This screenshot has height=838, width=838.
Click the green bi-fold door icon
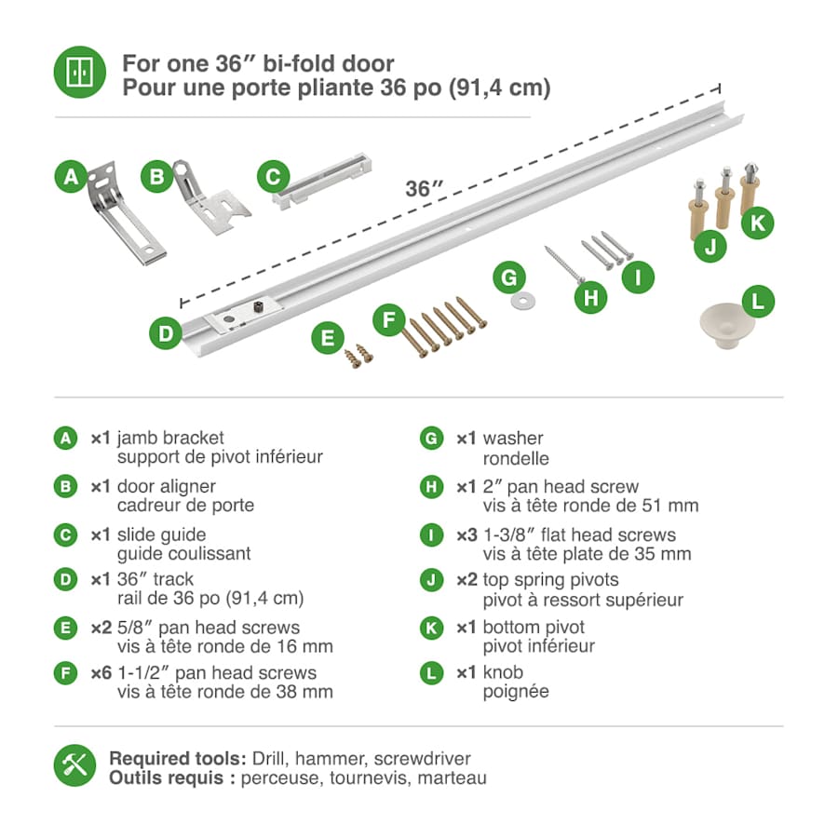point(80,72)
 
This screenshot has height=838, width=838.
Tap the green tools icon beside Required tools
point(74,765)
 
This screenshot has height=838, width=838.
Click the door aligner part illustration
point(211,197)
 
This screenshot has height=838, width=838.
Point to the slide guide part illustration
point(322,181)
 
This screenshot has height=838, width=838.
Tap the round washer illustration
point(523,301)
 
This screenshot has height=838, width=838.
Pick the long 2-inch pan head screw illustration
point(565,264)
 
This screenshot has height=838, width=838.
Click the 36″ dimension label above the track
point(424,188)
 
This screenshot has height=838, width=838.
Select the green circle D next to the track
point(166,333)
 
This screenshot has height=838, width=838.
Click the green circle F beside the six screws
point(389,320)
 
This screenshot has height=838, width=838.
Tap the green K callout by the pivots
point(758,223)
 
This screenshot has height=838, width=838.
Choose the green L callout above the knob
point(758,302)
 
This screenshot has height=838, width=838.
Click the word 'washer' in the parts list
point(513,439)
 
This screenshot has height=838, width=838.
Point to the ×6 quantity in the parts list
point(101,673)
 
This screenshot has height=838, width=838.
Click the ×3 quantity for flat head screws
point(466,535)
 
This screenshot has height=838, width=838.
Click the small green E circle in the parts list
point(66,628)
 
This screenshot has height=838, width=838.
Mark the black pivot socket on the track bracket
point(259,307)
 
